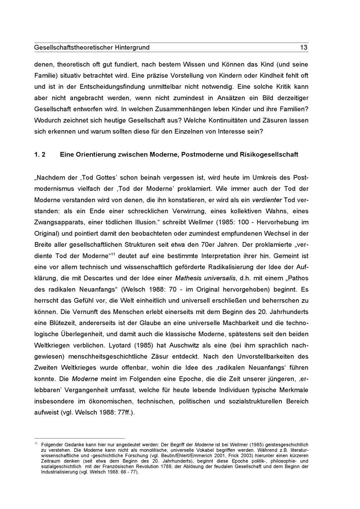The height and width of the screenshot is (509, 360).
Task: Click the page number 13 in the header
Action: point(304,47)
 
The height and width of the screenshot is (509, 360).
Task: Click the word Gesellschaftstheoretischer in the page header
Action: point(73,47)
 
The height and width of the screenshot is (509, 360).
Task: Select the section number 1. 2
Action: point(40,155)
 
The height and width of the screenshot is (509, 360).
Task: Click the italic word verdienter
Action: point(267,200)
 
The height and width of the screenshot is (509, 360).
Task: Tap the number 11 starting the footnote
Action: point(36,444)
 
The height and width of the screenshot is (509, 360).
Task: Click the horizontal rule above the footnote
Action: point(79,438)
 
